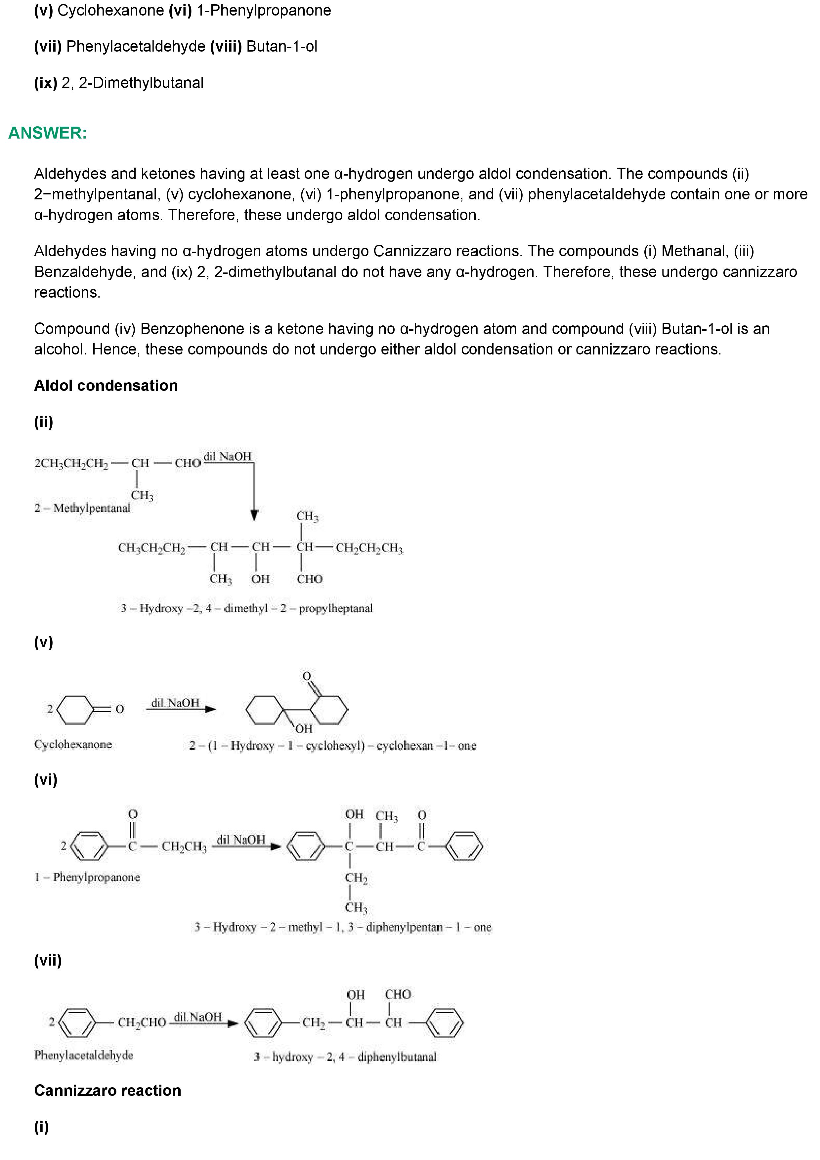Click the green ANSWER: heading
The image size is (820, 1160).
pos(48,133)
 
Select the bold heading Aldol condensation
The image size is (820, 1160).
pos(106,386)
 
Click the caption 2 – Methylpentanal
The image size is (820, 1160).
pos(82,508)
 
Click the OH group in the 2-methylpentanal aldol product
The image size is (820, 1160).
pos(260,578)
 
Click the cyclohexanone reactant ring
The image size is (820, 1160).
pos(76,709)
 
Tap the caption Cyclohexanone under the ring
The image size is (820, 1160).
pos(73,744)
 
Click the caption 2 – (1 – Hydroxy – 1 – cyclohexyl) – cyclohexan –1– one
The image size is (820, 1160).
pos(332,746)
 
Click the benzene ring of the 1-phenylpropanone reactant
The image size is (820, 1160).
pos(89,846)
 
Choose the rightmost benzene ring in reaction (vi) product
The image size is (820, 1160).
pos(464,846)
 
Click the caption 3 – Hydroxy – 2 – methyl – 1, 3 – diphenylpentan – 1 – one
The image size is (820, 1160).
pos(343,927)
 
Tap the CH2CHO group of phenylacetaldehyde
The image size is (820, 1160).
pos(142,1022)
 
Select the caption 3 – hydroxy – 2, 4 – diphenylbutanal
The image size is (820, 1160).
pos(345,1056)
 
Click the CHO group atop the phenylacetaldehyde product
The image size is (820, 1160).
pos(398,994)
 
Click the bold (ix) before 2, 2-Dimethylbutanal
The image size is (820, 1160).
pos(45,83)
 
